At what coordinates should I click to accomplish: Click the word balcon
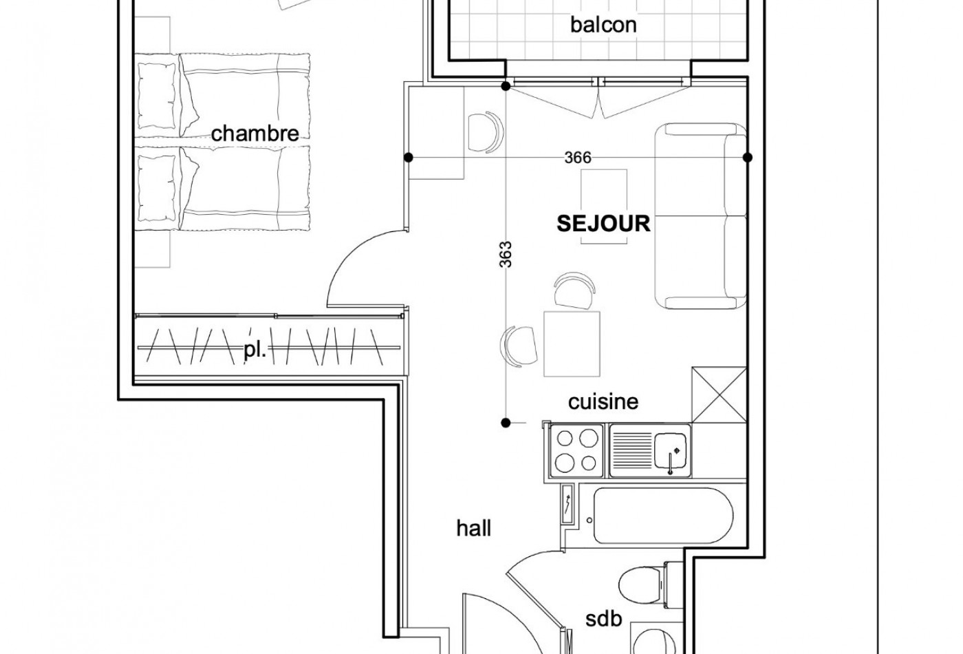click(603, 25)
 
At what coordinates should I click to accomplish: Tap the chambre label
click(255, 133)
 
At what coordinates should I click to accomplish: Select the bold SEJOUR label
click(603, 223)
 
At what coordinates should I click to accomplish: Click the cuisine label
click(603, 401)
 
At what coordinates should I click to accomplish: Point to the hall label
click(474, 528)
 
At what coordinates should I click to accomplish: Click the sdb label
click(603, 619)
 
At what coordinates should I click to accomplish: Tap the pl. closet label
click(255, 350)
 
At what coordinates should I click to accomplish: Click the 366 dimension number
click(577, 158)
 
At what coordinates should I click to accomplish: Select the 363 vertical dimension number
click(506, 257)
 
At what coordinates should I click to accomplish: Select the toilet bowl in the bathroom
click(636, 584)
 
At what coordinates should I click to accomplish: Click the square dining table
click(572, 344)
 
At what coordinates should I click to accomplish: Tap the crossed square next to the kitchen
click(718, 394)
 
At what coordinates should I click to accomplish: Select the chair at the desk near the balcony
click(485, 131)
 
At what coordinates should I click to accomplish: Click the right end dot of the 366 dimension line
click(748, 158)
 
